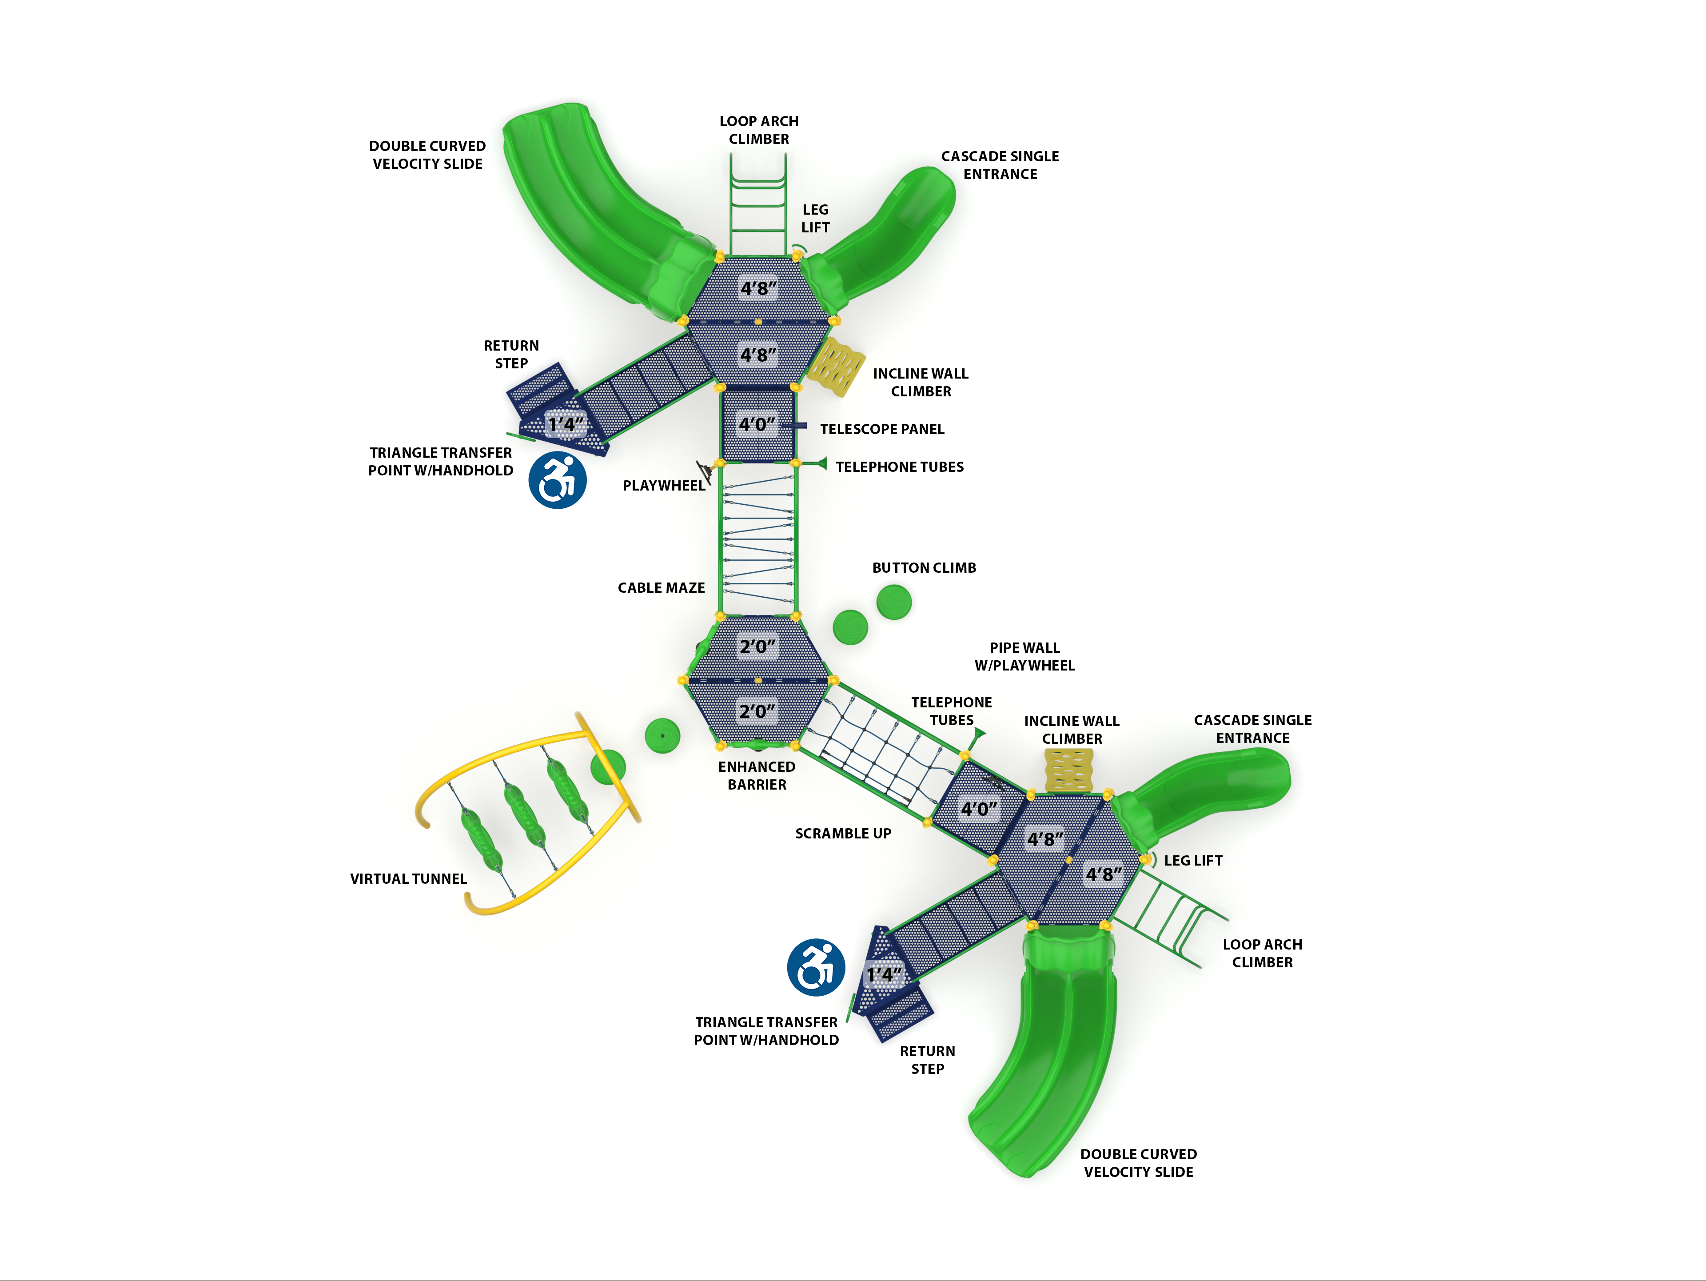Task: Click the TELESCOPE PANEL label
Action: click(x=881, y=429)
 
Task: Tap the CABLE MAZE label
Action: click(x=661, y=588)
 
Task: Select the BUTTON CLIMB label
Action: click(x=924, y=567)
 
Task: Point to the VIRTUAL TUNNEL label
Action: click(x=408, y=878)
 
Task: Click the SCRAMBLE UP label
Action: click(x=843, y=833)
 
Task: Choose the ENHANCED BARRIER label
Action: click(x=757, y=775)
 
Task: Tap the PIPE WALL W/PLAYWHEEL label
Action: click(x=1024, y=656)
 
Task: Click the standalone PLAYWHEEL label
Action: click(x=663, y=485)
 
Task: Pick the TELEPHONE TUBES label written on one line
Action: click(x=899, y=467)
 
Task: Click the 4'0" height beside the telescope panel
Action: click(x=757, y=424)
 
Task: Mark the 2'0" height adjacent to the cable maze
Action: click(x=757, y=646)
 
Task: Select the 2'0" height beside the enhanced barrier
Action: click(x=757, y=711)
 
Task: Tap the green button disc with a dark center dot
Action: click(x=662, y=736)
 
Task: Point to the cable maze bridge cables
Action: click(x=758, y=540)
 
